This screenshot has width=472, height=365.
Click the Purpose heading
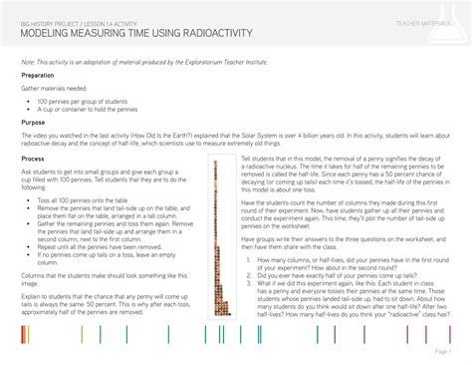(33, 123)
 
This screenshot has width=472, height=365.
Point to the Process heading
(33, 159)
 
